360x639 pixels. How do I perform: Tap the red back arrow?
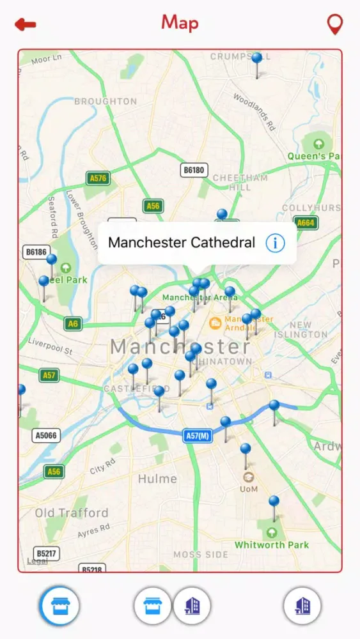click(26, 25)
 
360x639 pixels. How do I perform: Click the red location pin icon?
click(334, 24)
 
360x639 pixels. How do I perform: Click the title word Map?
click(180, 23)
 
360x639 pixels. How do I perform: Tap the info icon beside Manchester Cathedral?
click(275, 243)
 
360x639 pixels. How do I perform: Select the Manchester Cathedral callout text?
click(182, 243)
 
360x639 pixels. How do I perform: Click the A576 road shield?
click(97, 178)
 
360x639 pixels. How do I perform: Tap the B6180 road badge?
click(194, 170)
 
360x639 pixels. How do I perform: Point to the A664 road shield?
click(306, 222)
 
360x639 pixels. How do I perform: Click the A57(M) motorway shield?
click(198, 436)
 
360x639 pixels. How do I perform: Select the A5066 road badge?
click(46, 436)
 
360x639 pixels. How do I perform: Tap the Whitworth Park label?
click(272, 545)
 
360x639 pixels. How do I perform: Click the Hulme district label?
click(158, 479)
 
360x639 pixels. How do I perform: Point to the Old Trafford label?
click(72, 513)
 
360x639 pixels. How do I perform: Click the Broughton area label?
click(106, 101)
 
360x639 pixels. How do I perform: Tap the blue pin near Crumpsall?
click(256, 59)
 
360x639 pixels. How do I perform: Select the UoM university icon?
click(248, 477)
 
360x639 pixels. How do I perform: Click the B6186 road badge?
click(36, 252)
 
